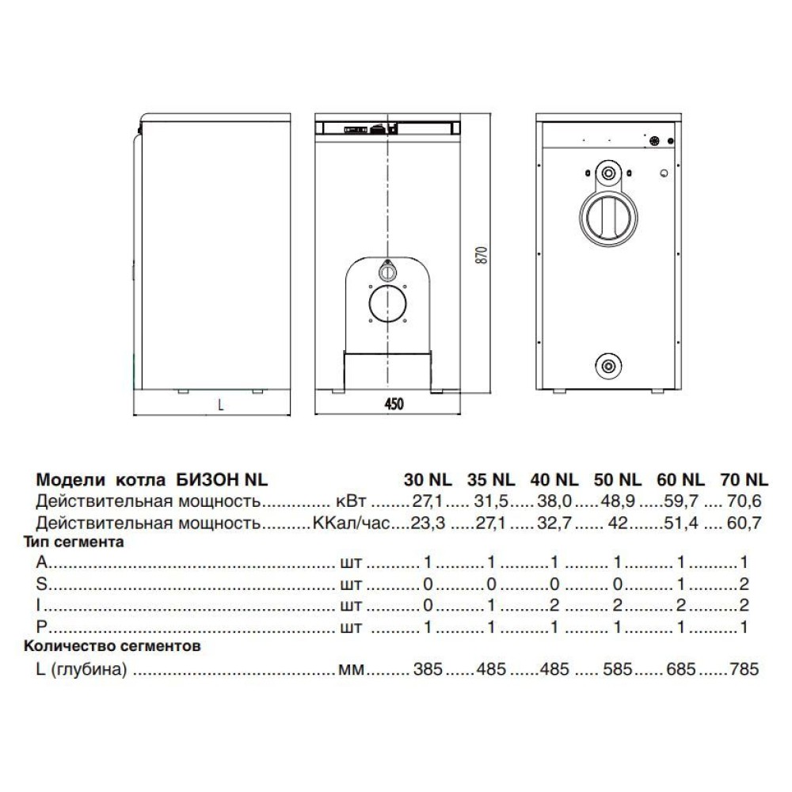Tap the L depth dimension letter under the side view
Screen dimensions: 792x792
pos(221,404)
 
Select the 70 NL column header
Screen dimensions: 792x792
pos(744,479)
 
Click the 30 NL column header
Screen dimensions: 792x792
pos(428,479)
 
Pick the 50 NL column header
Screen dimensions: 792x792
pos(616,479)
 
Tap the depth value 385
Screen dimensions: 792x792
pos(428,669)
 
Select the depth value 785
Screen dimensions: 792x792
pos(743,669)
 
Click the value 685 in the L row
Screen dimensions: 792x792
pos(680,669)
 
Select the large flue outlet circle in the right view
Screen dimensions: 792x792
pos(608,213)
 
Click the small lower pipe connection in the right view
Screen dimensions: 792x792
pos(608,365)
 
